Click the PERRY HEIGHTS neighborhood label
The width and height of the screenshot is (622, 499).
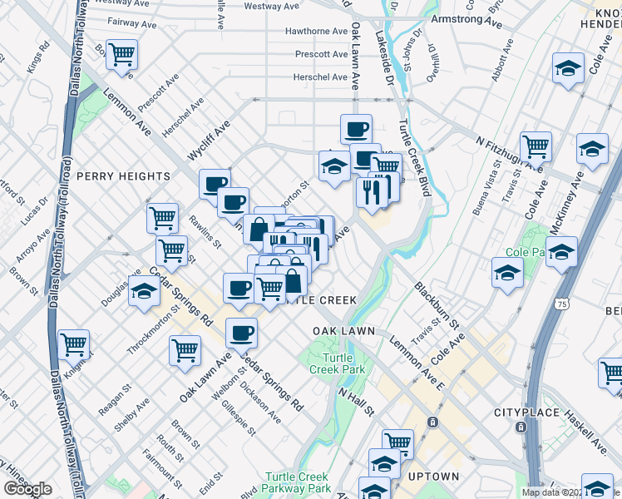[123, 176]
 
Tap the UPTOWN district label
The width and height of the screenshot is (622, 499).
[433, 477]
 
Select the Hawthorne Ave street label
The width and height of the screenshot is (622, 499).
[316, 32]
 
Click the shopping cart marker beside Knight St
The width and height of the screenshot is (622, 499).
[74, 342]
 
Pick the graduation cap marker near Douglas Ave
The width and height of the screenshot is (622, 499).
[144, 291]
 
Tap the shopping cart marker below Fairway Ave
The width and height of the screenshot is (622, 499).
[122, 54]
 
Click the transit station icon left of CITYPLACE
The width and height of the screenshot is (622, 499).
[432, 422]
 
